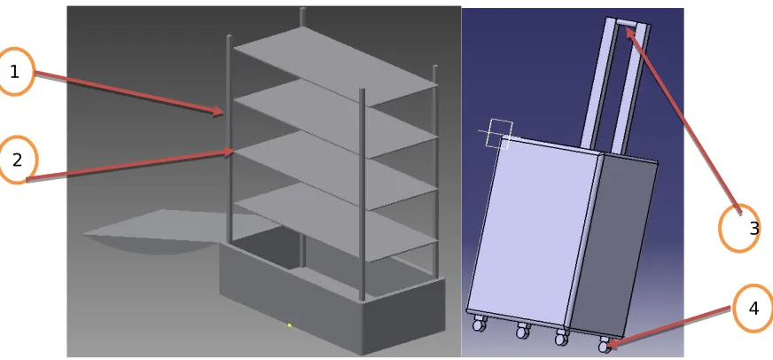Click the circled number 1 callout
tap(15, 72)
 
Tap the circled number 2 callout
tap(17, 160)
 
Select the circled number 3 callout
tap(739, 228)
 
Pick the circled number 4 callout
tap(753, 309)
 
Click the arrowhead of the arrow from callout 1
tap(219, 111)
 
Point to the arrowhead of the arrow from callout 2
tap(228, 152)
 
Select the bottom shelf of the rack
tap(335, 222)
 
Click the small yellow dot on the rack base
tap(289, 325)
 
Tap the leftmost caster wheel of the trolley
tap(477, 324)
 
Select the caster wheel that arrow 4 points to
tap(605, 345)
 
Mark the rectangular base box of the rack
tap(332, 296)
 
